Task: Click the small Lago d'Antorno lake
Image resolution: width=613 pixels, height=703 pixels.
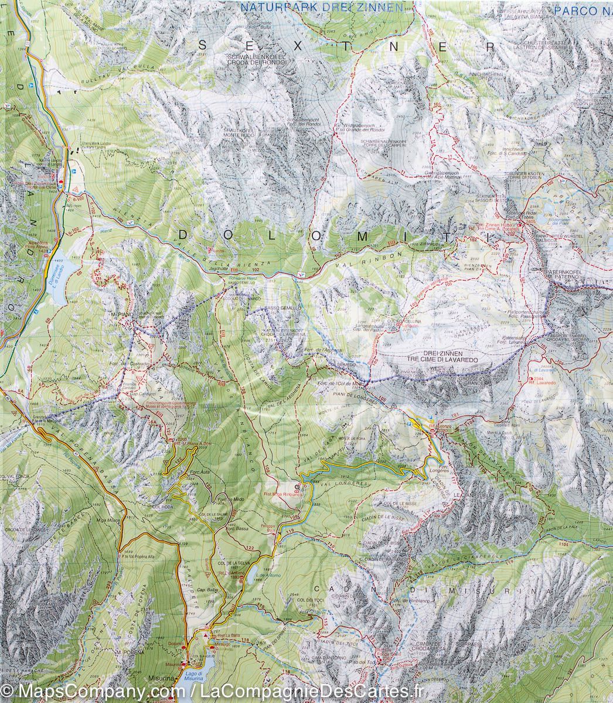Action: click(250, 577)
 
